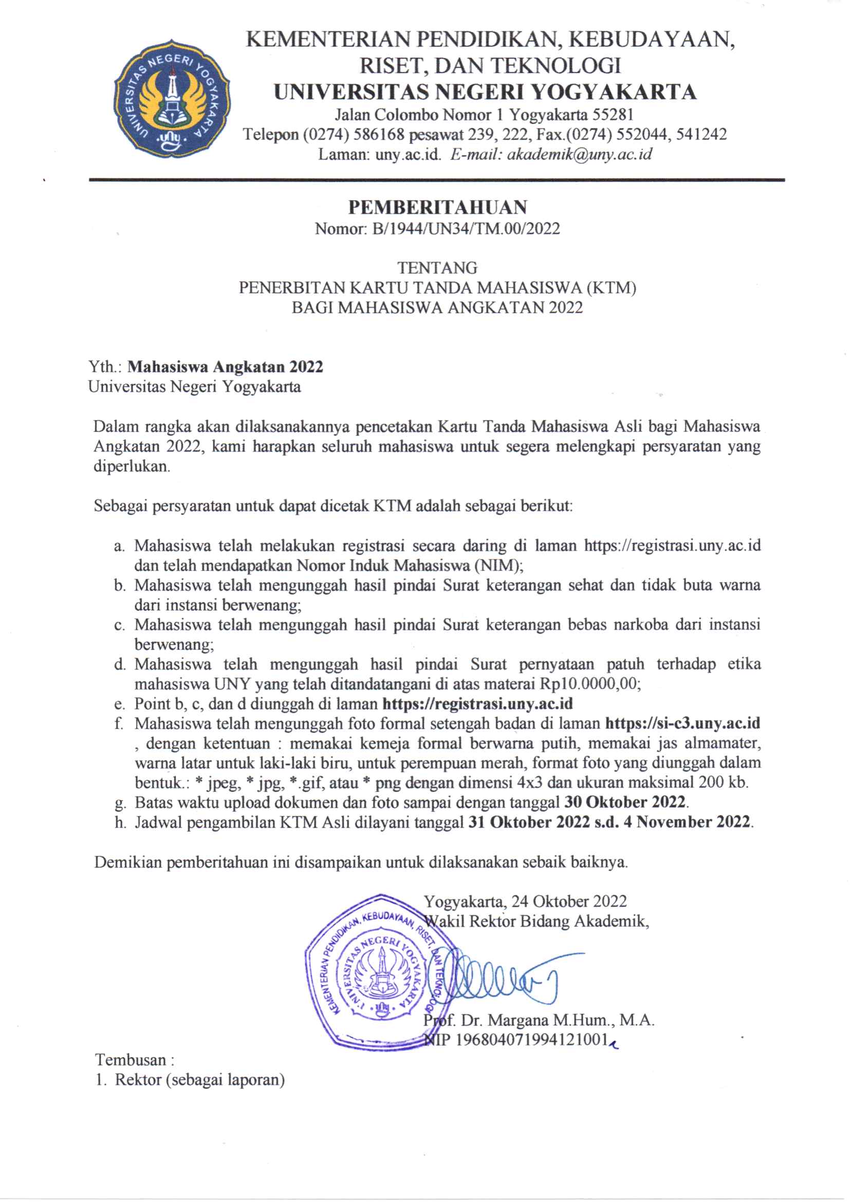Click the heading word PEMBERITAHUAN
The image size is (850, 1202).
pos(437,208)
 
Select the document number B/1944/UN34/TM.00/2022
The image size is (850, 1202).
pos(466,229)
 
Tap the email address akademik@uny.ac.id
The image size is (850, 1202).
pos(579,154)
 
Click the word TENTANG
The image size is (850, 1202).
pos(437,268)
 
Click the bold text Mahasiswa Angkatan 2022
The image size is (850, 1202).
pos(226,367)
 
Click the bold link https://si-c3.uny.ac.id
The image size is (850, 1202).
pos(682,723)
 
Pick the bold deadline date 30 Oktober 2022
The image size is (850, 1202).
pos(625,803)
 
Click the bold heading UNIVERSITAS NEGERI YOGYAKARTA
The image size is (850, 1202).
pos(485,92)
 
